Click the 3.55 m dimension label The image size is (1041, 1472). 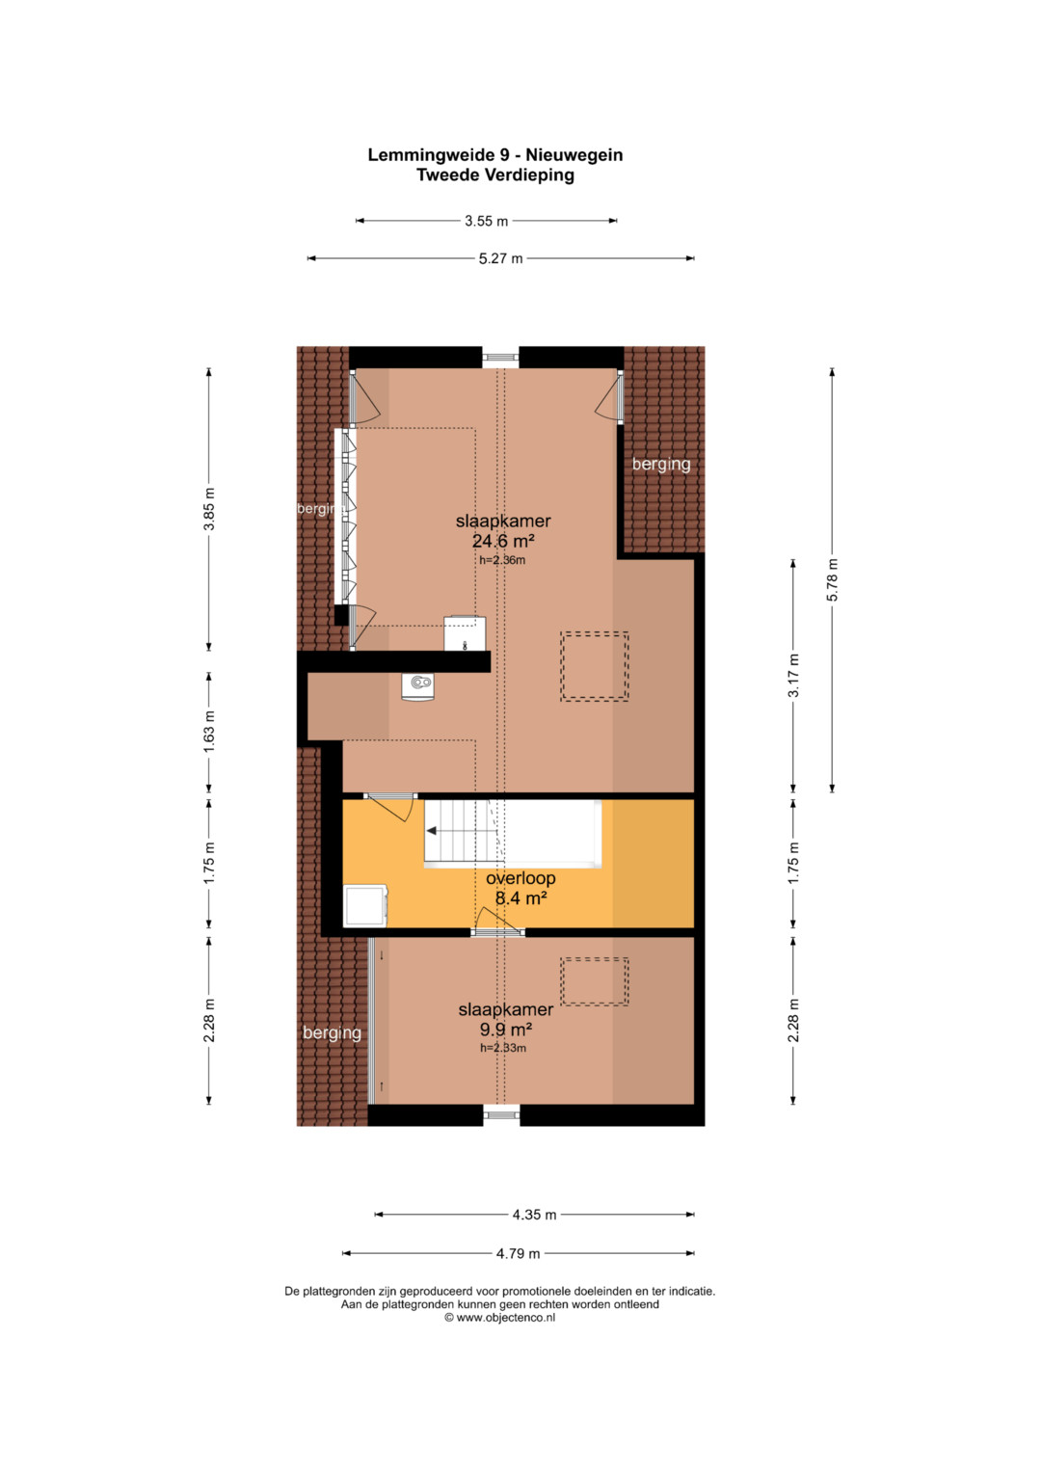487,222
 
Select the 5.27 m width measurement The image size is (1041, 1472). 501,259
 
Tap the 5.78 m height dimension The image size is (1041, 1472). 833,579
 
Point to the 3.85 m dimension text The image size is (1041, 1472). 209,509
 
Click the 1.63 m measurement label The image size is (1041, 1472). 209,732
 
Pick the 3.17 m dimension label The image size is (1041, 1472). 794,676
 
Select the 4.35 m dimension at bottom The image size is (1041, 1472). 534,1215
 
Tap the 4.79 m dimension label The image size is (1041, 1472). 518,1254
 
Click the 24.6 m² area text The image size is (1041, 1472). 503,542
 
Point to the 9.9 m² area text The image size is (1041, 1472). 505,1030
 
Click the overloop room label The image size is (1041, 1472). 520,878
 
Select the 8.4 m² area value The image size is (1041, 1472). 521,897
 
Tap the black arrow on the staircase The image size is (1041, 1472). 432,831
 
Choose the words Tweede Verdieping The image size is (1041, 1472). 495,175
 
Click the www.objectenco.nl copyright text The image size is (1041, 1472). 500,1317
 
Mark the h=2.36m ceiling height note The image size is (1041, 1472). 502,560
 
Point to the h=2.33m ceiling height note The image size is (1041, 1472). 503,1048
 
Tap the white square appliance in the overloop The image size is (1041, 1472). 365,906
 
